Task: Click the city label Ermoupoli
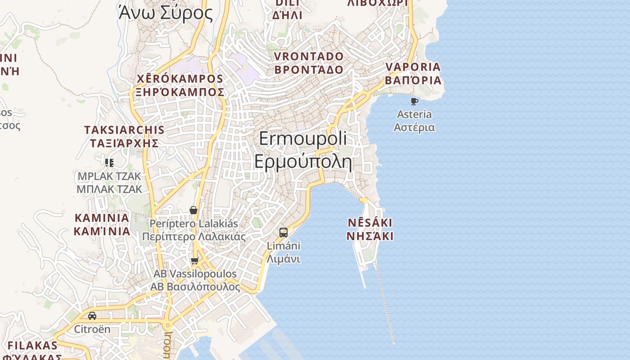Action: [x=303, y=139]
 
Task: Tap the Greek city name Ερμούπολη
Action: [x=303, y=161]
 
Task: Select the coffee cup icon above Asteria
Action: [x=414, y=101]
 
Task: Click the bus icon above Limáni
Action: [x=283, y=232]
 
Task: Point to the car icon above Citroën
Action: [x=92, y=315]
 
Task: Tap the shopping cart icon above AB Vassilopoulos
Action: [x=195, y=261]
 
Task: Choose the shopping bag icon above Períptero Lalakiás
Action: [x=193, y=210]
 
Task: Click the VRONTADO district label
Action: [x=309, y=57]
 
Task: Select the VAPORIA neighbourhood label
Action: [x=413, y=67]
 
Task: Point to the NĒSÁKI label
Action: [x=370, y=223]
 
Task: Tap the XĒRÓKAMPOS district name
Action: [x=180, y=79]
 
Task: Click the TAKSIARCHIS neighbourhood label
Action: [x=124, y=130]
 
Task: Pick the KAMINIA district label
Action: [x=102, y=218]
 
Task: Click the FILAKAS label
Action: [x=33, y=346]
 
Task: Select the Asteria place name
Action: [x=414, y=114]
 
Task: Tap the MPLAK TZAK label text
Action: [x=109, y=176]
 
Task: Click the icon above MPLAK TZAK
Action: [x=109, y=162]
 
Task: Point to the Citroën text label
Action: [x=92, y=329]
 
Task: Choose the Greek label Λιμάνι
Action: [x=283, y=259]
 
